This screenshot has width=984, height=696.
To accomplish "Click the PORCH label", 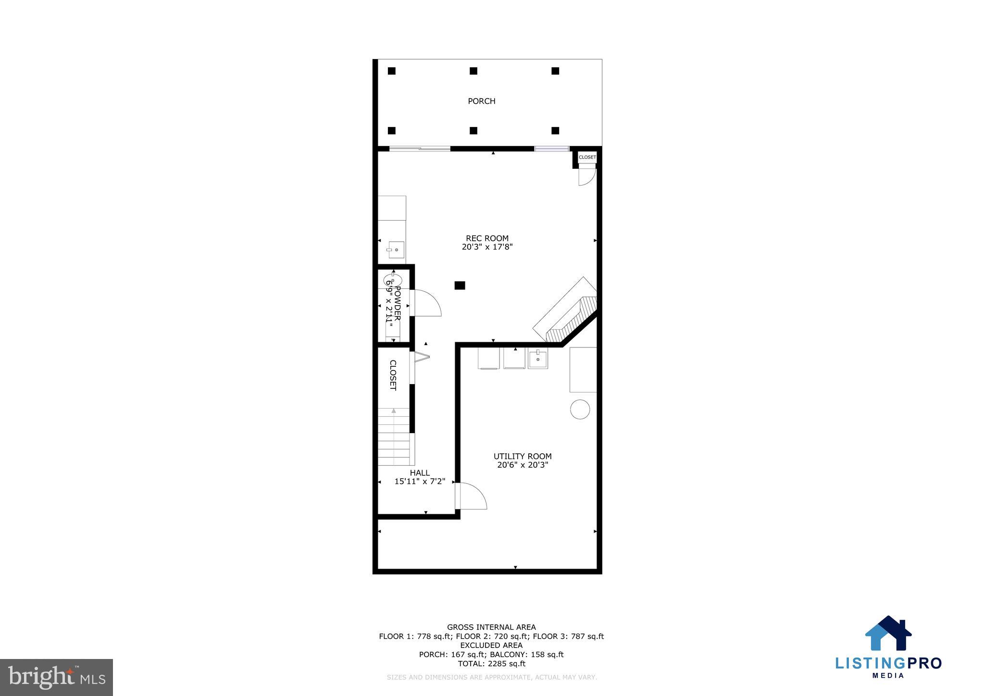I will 481,101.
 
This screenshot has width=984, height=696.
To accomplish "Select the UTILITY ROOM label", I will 523,456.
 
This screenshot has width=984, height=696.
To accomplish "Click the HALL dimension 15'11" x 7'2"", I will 420,481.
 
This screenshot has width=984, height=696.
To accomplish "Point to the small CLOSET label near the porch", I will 587,157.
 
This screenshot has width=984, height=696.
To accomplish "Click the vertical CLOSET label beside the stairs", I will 393,375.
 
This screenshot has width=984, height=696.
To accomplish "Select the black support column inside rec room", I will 460,286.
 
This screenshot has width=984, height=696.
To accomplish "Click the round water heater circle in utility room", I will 580,409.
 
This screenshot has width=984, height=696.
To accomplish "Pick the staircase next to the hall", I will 394,437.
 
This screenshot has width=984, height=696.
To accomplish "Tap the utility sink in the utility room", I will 537,359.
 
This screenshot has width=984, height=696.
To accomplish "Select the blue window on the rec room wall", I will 551,149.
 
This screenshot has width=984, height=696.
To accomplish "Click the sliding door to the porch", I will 419,149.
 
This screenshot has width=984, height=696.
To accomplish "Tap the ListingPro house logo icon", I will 888,634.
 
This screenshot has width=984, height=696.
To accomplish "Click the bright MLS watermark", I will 57,678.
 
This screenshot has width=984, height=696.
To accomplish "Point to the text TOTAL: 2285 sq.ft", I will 491,664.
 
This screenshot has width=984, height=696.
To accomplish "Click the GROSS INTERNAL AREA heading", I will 491,627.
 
